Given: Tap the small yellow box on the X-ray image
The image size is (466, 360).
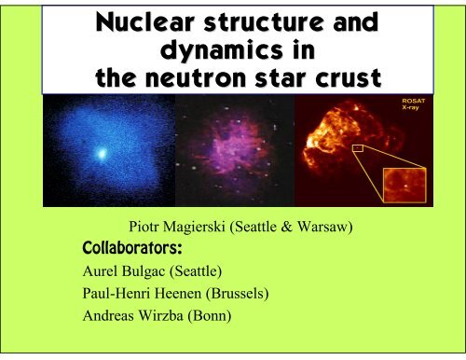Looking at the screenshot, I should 357,147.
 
